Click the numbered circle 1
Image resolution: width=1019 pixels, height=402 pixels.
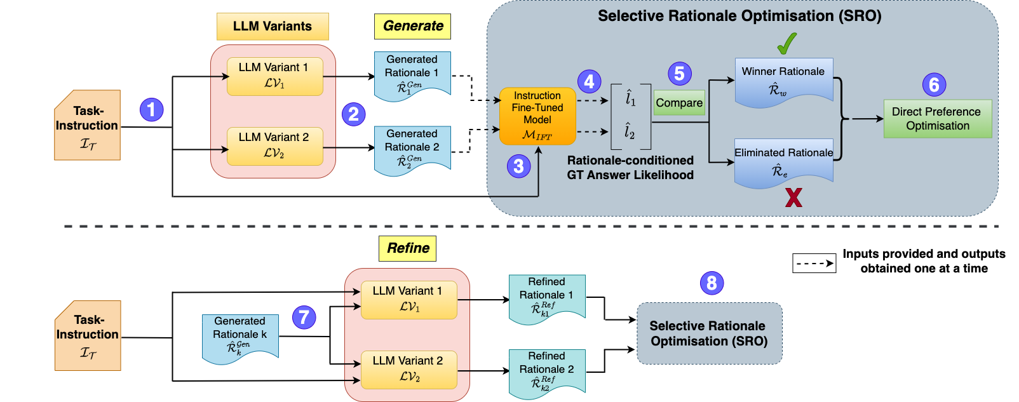point(151,110)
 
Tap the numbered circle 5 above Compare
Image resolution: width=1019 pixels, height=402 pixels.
point(679,74)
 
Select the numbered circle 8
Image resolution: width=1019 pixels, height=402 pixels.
point(712,283)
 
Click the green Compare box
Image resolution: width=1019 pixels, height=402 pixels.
point(679,103)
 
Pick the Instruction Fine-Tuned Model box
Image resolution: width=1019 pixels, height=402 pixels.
point(537,116)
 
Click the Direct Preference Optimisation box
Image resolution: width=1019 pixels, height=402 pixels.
point(937,119)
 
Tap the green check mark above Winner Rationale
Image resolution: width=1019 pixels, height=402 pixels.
point(786,44)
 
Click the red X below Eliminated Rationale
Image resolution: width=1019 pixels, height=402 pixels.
point(793,198)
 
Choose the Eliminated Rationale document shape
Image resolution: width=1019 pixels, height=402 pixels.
point(783,162)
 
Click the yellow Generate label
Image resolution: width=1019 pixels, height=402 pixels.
point(413,26)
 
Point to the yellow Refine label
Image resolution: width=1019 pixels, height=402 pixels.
point(408,248)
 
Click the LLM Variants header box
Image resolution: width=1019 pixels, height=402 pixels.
point(273,27)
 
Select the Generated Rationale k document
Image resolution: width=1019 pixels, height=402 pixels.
point(240,337)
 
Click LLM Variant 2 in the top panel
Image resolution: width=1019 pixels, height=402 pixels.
point(274,146)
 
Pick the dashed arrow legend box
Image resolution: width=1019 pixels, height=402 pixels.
point(814,263)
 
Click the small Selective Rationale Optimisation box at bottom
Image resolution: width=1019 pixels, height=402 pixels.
point(709,333)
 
